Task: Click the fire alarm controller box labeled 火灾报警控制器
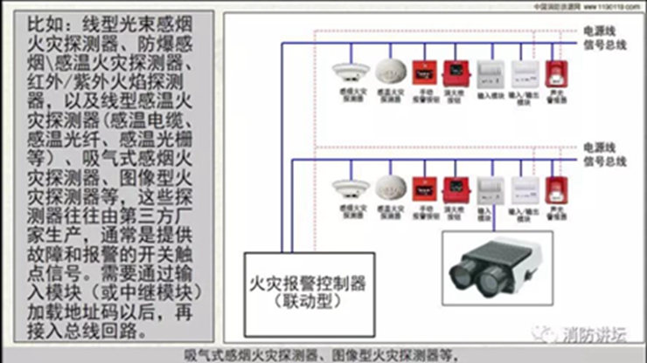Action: pyautogui.click(x=308, y=293)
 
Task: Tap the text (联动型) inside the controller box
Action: pyautogui.click(x=307, y=303)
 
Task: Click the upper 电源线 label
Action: pyautogui.click(x=602, y=28)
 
